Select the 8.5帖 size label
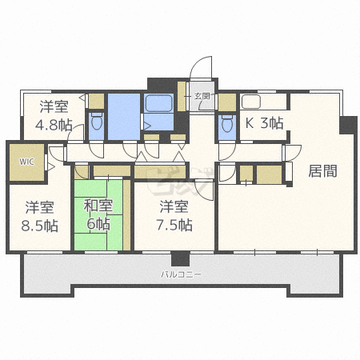[39, 226]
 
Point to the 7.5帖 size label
[174, 226]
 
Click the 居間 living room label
[322, 170]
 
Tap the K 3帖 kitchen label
[264, 123]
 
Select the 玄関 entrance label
[202, 96]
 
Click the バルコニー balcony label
[180, 274]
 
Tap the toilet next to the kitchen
[226, 125]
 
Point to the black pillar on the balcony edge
[180, 258]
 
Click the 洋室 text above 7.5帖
[174, 206]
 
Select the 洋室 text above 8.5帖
[39, 206]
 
